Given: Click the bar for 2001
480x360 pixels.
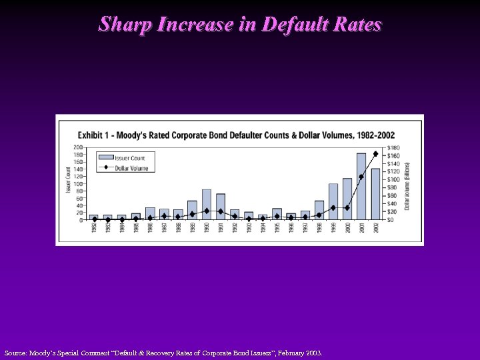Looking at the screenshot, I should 361,187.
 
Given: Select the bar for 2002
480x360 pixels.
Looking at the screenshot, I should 375,194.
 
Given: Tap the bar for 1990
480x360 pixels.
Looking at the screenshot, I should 207,205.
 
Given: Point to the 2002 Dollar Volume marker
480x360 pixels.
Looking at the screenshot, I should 375,154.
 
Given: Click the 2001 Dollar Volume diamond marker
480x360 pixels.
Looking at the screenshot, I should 361,177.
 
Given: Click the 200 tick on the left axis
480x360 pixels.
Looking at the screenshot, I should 79,147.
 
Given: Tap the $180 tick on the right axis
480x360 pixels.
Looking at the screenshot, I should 395,147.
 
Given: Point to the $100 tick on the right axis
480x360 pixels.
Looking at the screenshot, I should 395,179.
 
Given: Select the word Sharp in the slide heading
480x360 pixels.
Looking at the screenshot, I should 122,25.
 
